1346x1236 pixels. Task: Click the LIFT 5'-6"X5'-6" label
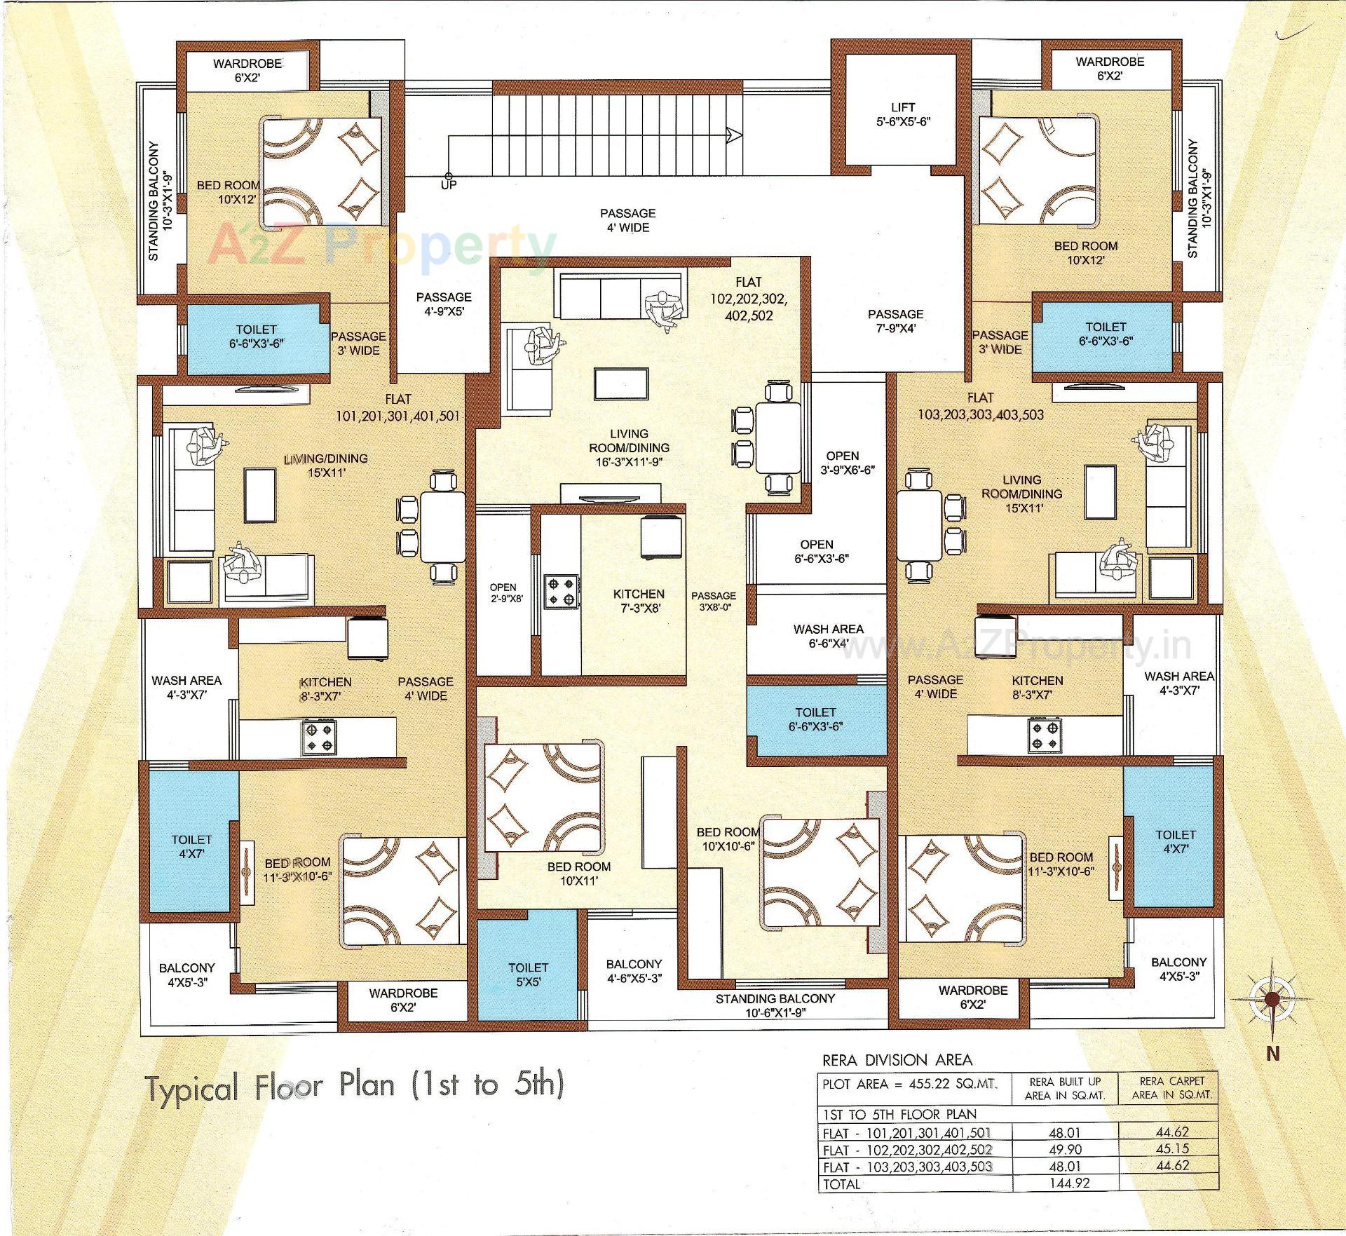(903, 114)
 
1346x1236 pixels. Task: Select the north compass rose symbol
(1272, 998)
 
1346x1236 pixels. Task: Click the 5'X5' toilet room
(528, 974)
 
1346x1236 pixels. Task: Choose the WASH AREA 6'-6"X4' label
(828, 636)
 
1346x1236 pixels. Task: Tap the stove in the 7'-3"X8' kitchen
(562, 590)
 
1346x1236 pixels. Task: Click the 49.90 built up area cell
(1066, 1150)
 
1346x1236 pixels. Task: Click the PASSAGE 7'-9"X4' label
(895, 320)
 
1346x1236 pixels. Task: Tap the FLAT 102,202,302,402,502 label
(748, 299)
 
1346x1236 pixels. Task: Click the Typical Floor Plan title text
(355, 1085)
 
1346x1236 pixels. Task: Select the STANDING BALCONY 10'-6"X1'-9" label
(775, 1005)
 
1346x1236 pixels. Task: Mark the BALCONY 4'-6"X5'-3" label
(634, 971)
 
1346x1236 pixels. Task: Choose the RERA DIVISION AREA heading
(897, 1060)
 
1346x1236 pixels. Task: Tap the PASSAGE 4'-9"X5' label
(443, 304)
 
